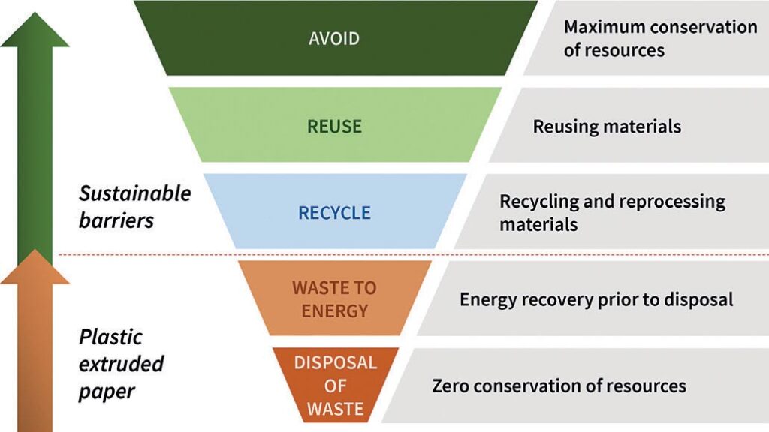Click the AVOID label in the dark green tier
(334, 39)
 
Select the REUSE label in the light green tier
(334, 126)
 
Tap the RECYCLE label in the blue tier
(334, 213)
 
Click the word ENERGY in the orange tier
(334, 310)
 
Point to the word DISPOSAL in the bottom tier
(336, 362)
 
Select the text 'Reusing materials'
(607, 126)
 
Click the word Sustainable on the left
(135, 193)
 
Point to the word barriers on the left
(116, 221)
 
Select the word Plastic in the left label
(110, 337)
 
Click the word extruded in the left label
(121, 364)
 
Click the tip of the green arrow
(35, 13)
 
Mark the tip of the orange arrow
(35, 250)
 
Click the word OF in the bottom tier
(336, 386)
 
